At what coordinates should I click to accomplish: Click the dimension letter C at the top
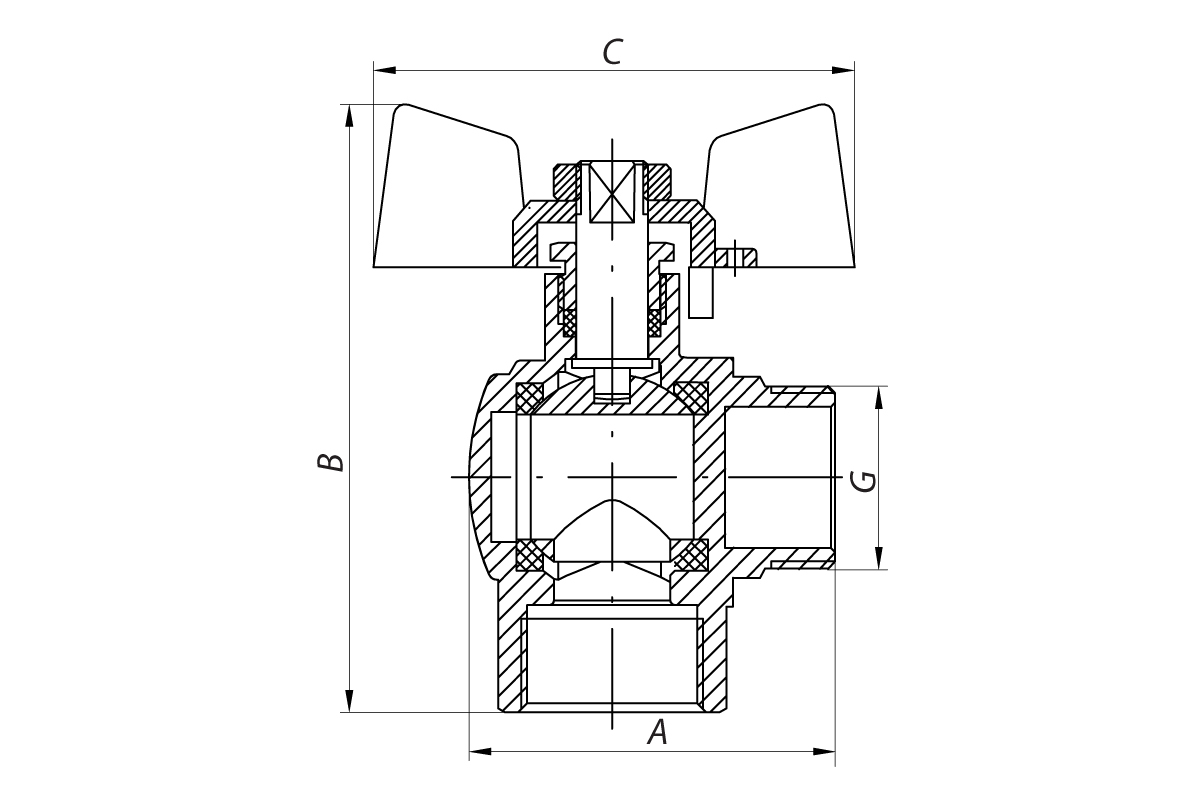612,52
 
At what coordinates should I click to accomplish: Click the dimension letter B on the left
331,462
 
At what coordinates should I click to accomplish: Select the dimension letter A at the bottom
658,732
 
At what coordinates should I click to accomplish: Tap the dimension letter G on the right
864,481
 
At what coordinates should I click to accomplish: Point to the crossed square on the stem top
612,192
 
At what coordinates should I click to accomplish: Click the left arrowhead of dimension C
385,70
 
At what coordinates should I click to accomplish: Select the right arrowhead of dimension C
843,70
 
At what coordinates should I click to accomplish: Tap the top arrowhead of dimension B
349,116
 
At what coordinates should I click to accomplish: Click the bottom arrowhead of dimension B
349,701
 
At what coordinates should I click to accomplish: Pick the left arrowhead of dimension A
481,751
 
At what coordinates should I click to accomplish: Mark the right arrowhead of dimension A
824,751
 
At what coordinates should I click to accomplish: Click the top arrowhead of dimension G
879,398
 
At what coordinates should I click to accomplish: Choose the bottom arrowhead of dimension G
879,558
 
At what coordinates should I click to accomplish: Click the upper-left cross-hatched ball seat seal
529,397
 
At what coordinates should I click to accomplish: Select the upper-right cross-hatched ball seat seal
692,397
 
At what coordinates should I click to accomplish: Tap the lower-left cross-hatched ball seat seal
530,555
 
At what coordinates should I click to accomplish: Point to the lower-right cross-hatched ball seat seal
692,555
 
